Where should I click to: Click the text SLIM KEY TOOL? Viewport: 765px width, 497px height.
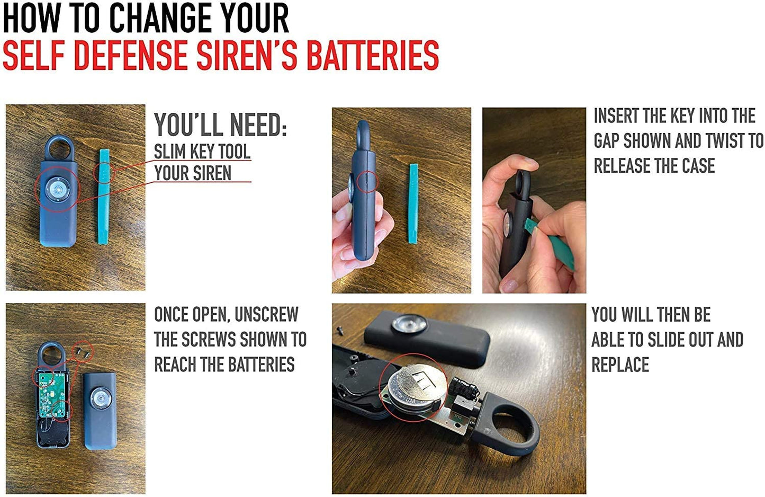tap(202, 151)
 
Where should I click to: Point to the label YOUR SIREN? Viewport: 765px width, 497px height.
tap(193, 173)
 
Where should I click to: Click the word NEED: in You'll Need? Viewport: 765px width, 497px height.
tap(258, 125)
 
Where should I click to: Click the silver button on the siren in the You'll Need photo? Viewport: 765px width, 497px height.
tap(58, 189)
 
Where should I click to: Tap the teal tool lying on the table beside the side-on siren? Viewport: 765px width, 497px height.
tap(413, 203)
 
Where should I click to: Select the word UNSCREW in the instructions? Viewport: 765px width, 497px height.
tap(266, 315)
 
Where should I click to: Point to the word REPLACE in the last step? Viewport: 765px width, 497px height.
tap(620, 365)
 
